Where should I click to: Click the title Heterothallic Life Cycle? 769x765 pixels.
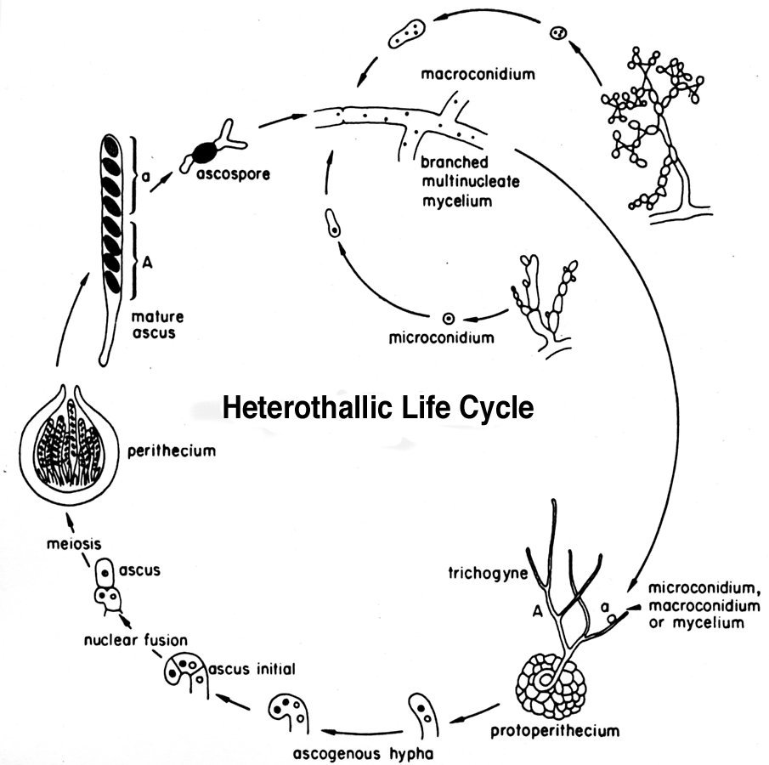pos(378,408)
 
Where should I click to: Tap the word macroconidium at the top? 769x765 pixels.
pos(478,74)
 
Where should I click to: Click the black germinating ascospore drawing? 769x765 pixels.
pos(204,152)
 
